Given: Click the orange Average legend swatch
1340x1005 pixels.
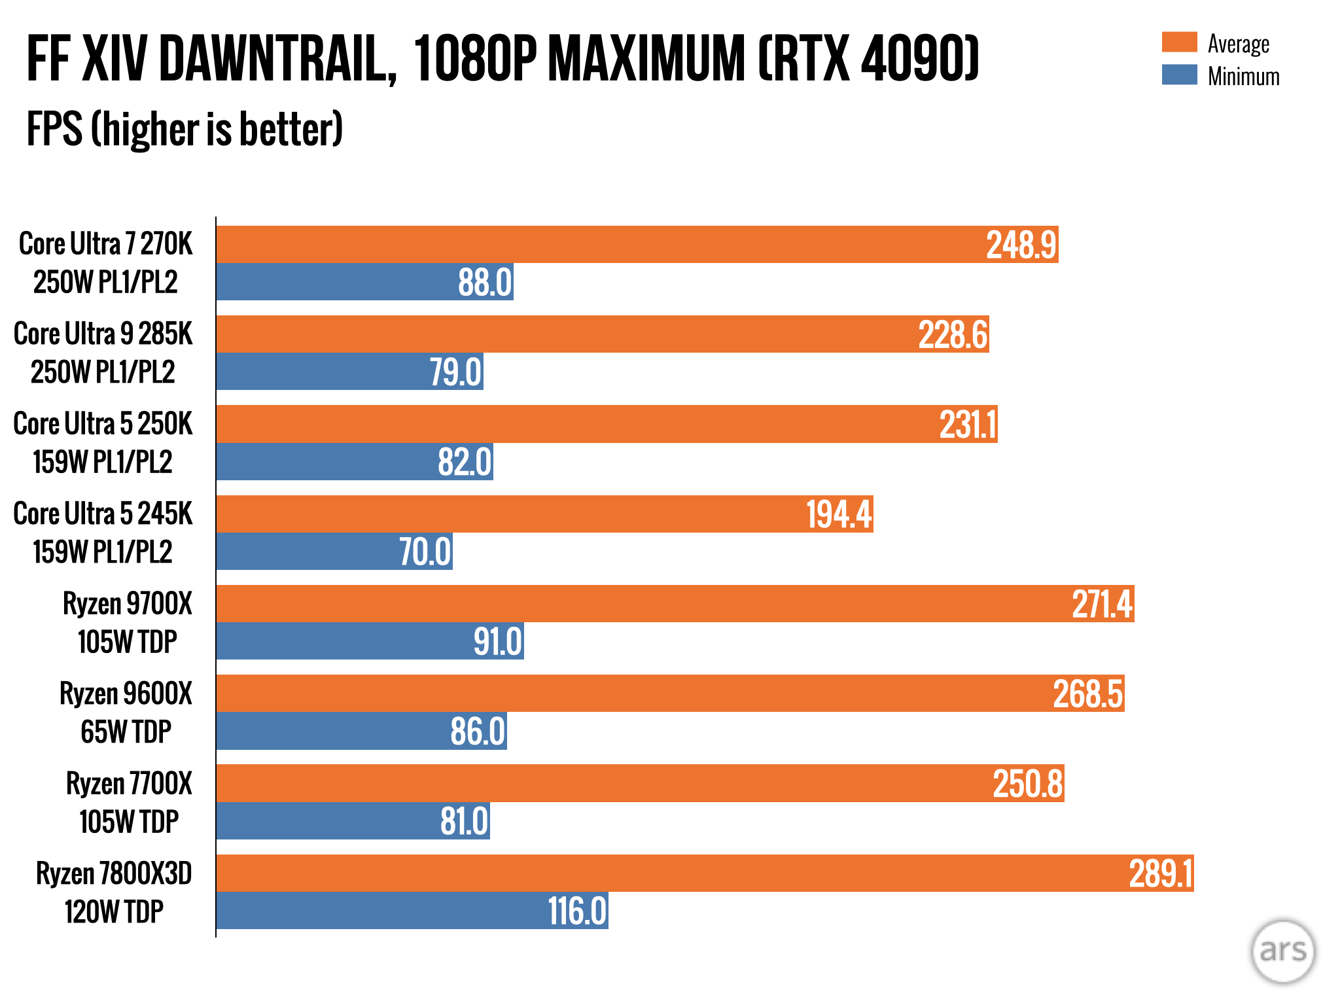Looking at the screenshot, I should coord(1179,42).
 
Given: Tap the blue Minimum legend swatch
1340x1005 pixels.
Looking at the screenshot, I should coord(1179,75).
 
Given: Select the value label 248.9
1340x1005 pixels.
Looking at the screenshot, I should coord(1021,245).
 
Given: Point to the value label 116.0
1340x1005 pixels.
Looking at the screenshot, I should coord(577,911).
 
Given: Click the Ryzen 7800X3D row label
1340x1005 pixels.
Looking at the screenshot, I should coord(114,892).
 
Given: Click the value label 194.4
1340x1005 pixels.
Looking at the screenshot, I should coord(839,514).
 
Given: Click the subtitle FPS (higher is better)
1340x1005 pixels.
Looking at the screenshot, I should coord(185,129).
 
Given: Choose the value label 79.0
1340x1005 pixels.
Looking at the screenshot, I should coord(455,372).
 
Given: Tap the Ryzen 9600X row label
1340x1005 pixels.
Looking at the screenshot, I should coord(126,713).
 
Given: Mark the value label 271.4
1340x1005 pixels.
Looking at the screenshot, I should coord(1102,604).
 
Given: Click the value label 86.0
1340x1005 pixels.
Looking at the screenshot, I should coord(478,732).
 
